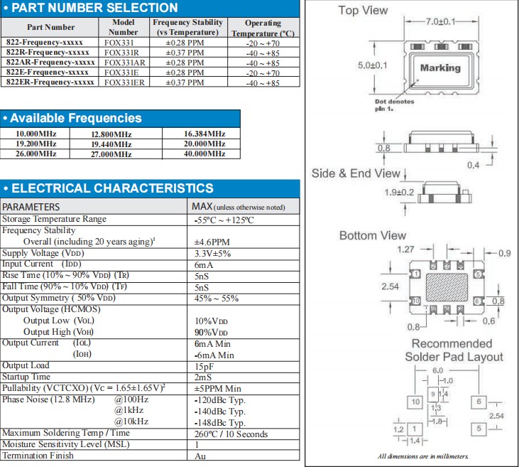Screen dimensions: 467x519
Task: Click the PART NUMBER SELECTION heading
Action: click(x=96, y=9)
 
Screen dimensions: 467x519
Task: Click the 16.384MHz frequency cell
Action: click(x=204, y=134)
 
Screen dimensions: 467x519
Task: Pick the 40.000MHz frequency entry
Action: click(x=204, y=154)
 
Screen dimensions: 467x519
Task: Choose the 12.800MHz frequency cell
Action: click(x=111, y=134)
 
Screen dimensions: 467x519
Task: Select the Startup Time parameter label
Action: click(x=26, y=377)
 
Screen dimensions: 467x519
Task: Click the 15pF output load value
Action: click(x=204, y=365)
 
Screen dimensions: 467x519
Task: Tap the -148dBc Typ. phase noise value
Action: click(x=219, y=422)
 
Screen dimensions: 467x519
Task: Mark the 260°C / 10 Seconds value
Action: click(x=231, y=434)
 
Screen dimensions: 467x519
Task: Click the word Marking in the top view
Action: click(x=440, y=68)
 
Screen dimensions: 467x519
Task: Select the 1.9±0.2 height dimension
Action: click(x=399, y=192)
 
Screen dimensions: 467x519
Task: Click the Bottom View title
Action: click(x=372, y=235)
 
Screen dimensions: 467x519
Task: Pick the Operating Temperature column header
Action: click(x=263, y=28)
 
